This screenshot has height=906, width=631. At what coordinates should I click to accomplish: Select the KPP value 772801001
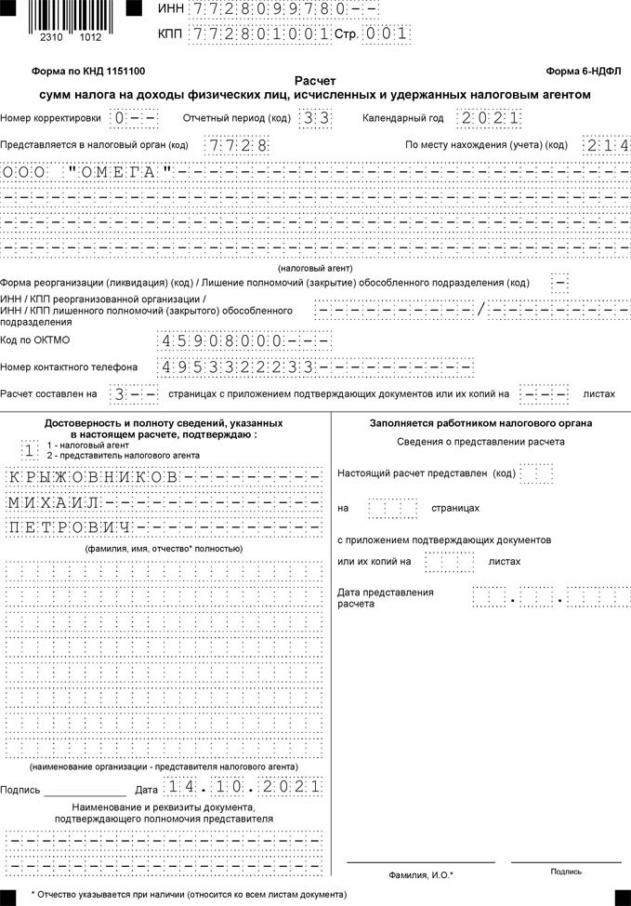259,33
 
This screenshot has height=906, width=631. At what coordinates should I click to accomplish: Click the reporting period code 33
309,118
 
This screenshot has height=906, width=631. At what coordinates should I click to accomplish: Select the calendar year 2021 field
489,118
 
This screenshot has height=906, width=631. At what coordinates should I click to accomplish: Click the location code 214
606,145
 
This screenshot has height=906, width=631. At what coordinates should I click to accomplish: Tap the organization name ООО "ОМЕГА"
88,173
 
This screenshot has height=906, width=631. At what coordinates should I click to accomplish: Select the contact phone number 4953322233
239,366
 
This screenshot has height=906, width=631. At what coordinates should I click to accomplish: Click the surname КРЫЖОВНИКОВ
93,477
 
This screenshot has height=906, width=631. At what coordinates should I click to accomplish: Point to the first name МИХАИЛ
56,503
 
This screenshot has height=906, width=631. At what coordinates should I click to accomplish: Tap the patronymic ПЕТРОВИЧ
69,528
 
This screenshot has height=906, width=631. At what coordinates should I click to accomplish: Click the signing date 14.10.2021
243,788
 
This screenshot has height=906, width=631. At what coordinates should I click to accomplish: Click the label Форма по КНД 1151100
88,71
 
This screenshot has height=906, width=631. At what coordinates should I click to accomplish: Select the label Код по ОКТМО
35,340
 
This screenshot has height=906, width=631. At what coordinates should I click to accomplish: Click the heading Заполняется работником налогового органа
480,423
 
